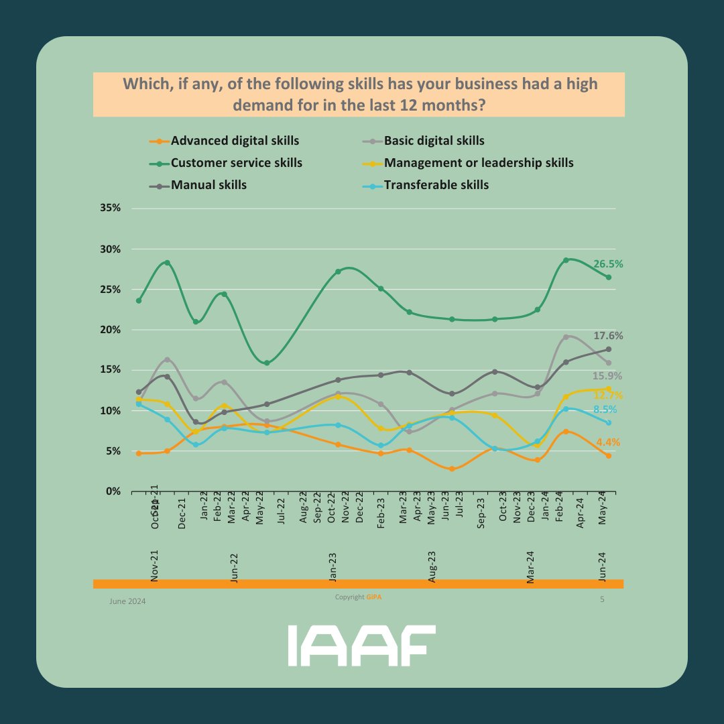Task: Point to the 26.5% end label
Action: coord(608,264)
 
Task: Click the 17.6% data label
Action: coord(608,336)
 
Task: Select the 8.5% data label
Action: coord(605,410)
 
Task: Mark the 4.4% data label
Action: coord(608,442)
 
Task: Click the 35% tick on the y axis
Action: coord(109,208)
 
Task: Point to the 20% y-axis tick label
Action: coord(109,330)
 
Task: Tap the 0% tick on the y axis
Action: coord(112,491)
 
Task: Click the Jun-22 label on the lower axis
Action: coord(234,568)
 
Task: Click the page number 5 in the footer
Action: coord(602,599)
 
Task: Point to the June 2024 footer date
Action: coord(127,601)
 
